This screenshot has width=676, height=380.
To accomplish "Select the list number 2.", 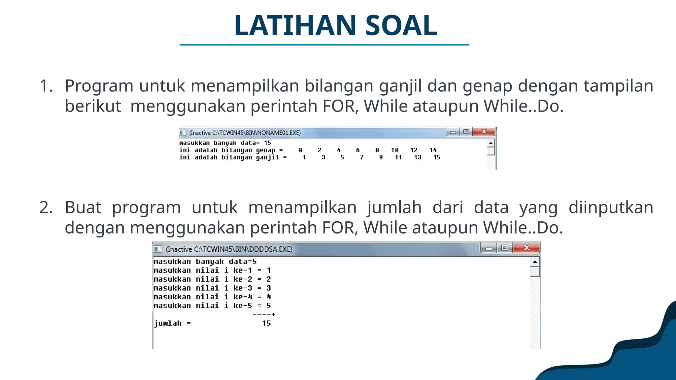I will coord(46,207).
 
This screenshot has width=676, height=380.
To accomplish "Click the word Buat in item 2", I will coord(83,207).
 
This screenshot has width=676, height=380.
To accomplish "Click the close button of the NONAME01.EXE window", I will coord(484,132).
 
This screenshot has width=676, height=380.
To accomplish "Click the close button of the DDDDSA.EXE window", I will coord(526,248).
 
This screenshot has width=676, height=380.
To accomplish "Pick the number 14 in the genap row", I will coord(433,150).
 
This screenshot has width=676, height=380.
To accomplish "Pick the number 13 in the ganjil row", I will coord(418,157).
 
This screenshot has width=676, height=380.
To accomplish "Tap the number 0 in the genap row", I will coord(301,150).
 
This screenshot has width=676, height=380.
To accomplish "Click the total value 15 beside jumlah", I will coord(266,323).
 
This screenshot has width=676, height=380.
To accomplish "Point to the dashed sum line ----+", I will coord(264,314).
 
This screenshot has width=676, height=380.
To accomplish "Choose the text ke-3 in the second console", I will coord(243,288).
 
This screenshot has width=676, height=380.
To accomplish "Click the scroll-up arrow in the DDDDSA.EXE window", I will coord(535,262).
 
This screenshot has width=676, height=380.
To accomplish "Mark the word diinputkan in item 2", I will coord(611,207).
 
